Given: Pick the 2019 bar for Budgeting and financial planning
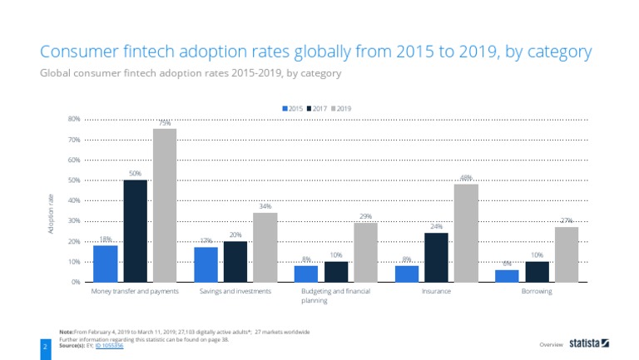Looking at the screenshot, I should (365, 253).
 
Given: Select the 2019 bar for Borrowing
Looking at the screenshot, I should (566, 254).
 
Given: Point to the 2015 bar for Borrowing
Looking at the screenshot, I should (507, 276).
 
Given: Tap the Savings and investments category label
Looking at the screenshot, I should (235, 293).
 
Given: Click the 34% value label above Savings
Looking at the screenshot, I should (265, 206).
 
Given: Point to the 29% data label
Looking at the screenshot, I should (365, 216).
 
